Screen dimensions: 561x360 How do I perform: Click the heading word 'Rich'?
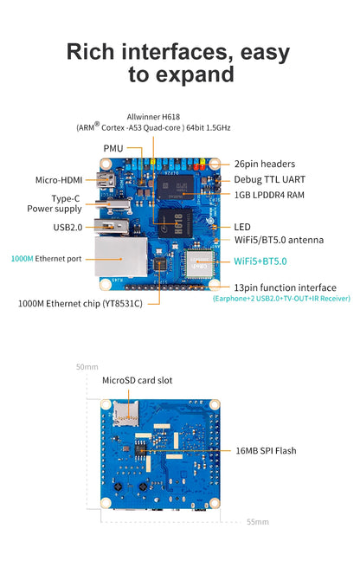92,52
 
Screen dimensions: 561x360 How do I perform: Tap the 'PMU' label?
113,148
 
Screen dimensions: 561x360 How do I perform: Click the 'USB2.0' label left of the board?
68,228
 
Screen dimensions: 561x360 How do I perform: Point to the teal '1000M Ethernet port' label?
46,258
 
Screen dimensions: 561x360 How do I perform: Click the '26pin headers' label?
264,164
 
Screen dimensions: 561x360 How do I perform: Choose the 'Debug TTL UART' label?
269,179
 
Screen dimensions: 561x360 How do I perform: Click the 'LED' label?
242,227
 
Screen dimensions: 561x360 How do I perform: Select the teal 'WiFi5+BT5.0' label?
260,261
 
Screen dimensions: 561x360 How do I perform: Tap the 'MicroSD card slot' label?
137,380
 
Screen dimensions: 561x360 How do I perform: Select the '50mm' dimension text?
87,366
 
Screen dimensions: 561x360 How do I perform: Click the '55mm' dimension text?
257,522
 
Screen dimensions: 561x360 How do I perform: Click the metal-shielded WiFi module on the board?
198,257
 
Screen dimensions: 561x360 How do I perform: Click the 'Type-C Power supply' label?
66,203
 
